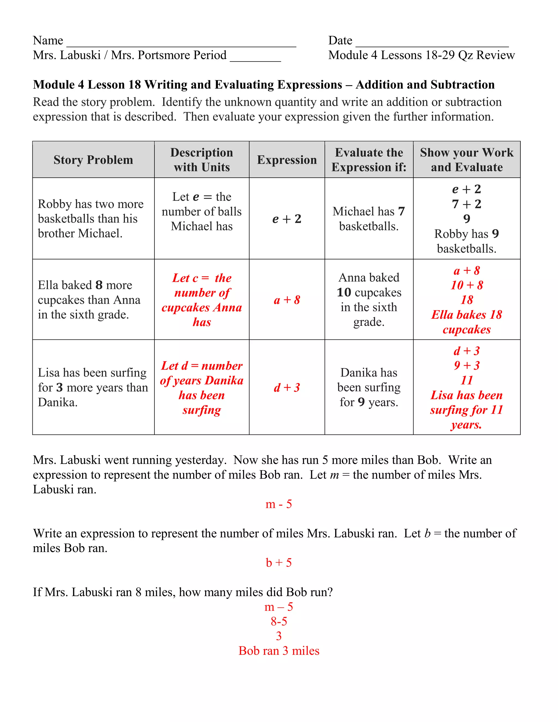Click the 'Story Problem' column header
point(93,160)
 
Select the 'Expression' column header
point(287,160)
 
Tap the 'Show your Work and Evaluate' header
point(466,160)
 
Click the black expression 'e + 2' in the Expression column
point(287,219)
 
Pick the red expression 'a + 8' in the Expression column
point(287,300)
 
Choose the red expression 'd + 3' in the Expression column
point(287,387)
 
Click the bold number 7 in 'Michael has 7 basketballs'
point(401,211)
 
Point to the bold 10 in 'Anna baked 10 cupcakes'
point(344,292)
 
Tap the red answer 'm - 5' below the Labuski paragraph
point(279,504)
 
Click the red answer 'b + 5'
point(279,562)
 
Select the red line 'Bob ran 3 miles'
point(279,651)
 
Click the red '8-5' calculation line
point(279,621)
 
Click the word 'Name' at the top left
point(48,40)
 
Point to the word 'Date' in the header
point(340,40)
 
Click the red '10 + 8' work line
point(466,285)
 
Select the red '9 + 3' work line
point(466,365)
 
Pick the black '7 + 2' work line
point(466,204)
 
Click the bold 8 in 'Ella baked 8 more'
point(99,285)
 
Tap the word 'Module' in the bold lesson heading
point(54,85)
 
